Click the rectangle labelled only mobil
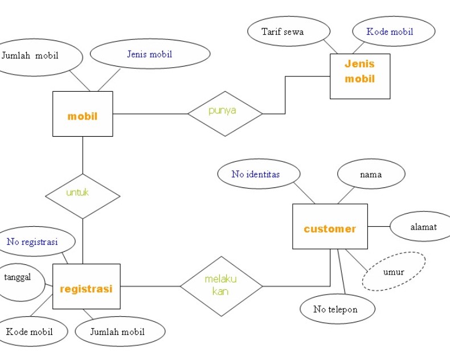tap(83, 114)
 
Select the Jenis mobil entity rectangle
tap(360, 76)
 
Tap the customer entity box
tap(330, 226)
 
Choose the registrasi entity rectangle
tap(87, 287)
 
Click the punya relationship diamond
tap(225, 113)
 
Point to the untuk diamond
tap(83, 196)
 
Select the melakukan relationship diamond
tap(221, 285)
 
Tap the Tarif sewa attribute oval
tap(289, 31)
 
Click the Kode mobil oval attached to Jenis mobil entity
tap(393, 31)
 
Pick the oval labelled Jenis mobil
tap(150, 54)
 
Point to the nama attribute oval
tap(371, 174)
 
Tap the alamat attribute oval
tap(420, 227)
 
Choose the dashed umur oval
tap(394, 272)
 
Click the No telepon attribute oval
tap(337, 309)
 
